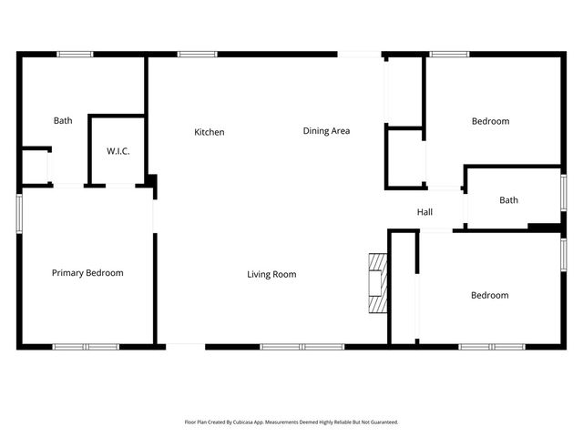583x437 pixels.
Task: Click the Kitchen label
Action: click(x=210, y=133)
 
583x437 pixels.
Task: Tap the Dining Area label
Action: click(x=326, y=131)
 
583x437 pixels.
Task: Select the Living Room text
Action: click(x=271, y=274)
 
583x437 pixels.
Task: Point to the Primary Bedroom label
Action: click(x=87, y=273)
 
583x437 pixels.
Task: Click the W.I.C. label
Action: click(x=118, y=151)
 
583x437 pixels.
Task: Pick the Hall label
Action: click(x=424, y=212)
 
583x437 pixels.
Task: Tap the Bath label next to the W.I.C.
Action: click(x=63, y=120)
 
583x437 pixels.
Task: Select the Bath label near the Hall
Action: click(x=508, y=200)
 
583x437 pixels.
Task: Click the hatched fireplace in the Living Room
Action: click(x=377, y=281)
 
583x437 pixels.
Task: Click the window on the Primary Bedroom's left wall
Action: click(x=19, y=212)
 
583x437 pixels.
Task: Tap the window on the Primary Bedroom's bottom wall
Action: click(x=86, y=346)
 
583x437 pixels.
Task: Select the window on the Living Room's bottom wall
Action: click(x=302, y=346)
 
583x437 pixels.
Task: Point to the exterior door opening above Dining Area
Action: click(x=359, y=54)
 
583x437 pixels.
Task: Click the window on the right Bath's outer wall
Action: click(x=563, y=193)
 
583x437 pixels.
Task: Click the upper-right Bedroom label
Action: click(x=490, y=121)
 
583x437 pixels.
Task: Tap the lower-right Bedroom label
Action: click(x=489, y=295)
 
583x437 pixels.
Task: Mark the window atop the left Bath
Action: click(x=75, y=54)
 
